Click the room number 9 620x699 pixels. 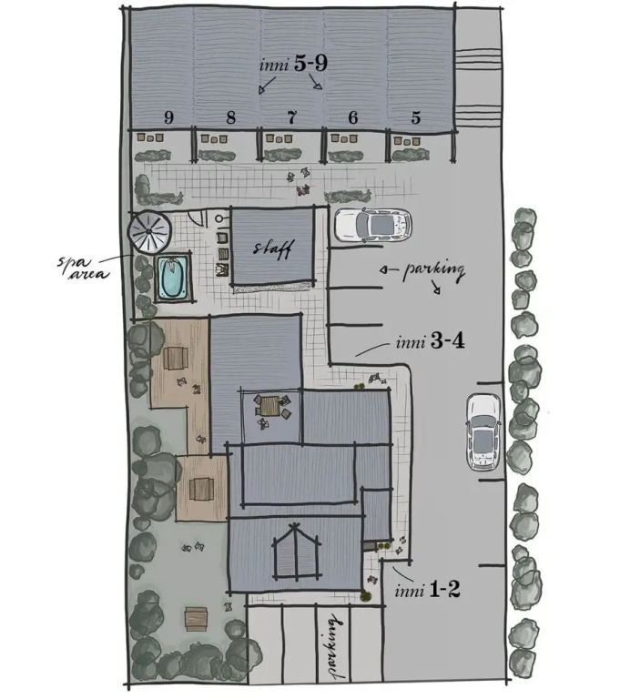[x=168, y=117]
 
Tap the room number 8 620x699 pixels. [x=230, y=117]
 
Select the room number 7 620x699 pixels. [x=291, y=117]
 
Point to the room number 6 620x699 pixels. [x=353, y=117]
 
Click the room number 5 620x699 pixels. [x=416, y=117]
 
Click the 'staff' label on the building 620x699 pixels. [x=272, y=248]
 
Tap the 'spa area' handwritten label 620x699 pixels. [x=83, y=268]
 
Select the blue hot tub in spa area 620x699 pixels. [x=173, y=278]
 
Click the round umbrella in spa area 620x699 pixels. [x=149, y=231]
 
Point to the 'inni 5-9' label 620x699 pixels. [x=293, y=65]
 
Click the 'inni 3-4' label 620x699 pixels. [x=430, y=342]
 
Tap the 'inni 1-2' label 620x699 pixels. [x=427, y=590]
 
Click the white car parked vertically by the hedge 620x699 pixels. [x=484, y=431]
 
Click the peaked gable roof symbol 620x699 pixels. [x=296, y=551]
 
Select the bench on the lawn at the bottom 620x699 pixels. [x=197, y=619]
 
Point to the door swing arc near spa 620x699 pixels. [x=197, y=218]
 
